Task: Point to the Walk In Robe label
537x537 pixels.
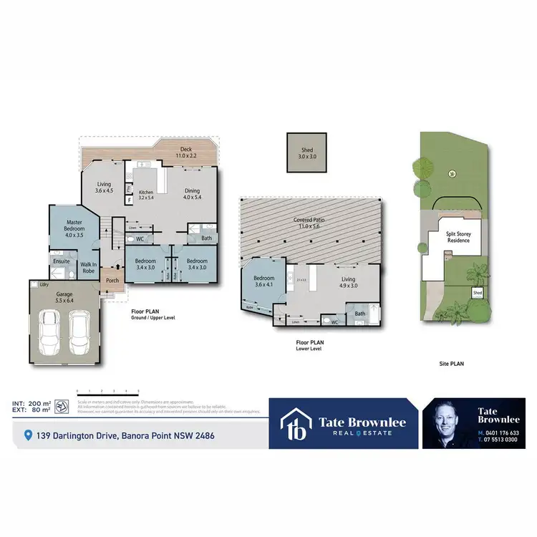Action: coord(89,268)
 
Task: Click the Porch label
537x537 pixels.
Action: coord(112,280)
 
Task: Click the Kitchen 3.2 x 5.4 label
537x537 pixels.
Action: coord(146,194)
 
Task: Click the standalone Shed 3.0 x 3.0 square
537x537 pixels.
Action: coord(306,152)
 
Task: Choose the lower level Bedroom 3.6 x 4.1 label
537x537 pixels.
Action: coord(263,281)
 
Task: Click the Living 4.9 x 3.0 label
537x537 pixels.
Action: coord(348,282)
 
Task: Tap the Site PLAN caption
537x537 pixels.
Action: coord(452,364)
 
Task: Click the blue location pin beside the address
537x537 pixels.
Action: coord(28,435)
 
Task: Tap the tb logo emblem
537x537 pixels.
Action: coord(296,424)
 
